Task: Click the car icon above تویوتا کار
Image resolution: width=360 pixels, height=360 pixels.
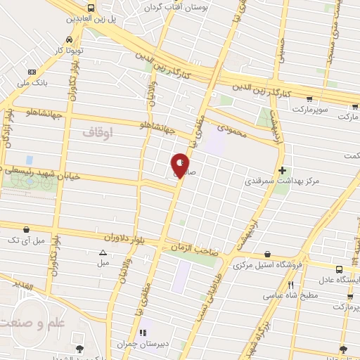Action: (70, 40)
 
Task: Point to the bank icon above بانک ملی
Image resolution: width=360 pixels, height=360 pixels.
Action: (31, 72)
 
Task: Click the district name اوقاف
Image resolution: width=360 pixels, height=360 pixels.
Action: (97, 131)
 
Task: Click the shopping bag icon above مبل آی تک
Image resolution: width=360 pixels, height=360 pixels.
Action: (26, 229)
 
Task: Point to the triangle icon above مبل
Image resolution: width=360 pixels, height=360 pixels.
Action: (103, 252)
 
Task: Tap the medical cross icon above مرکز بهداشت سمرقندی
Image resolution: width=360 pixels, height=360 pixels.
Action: (282, 170)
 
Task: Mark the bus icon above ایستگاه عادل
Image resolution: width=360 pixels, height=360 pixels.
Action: (340, 269)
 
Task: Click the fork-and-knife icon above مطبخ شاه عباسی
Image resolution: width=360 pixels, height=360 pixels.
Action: (291, 285)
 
